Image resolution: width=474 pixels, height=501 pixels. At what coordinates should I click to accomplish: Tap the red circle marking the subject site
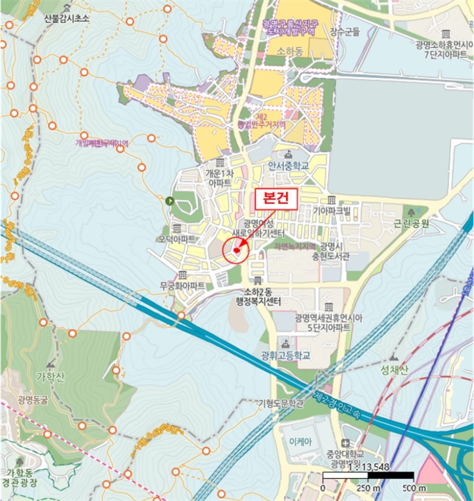(x=236, y=251)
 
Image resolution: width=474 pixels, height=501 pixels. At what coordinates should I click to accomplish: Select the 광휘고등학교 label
(x=287, y=356)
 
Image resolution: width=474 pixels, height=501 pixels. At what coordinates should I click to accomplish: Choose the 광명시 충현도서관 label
(x=334, y=250)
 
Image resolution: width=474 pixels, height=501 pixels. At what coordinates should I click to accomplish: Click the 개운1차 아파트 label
(x=218, y=177)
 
